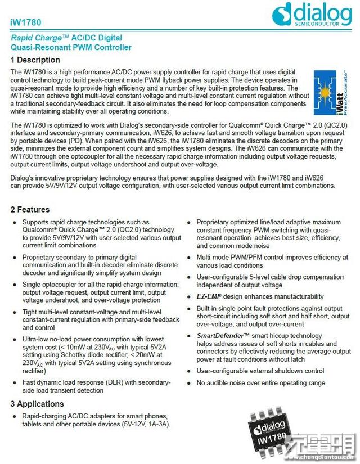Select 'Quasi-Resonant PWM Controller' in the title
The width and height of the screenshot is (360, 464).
point(71,47)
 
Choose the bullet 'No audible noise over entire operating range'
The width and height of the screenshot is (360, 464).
point(260,383)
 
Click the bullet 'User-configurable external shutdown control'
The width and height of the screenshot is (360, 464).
point(260,371)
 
